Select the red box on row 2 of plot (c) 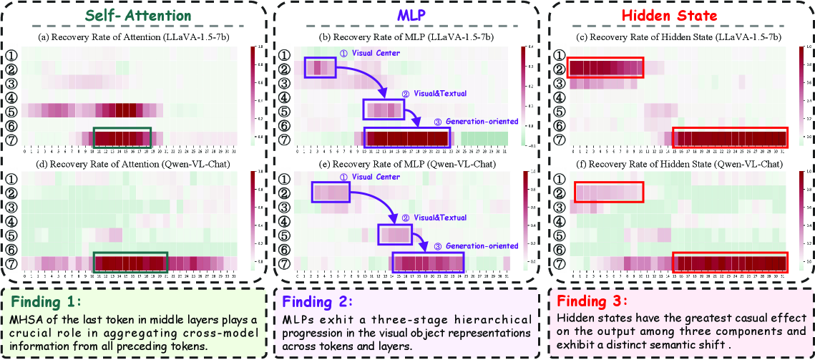coord(605,68)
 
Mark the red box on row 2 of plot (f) coord(609,192)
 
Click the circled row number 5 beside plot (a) coord(12,111)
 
